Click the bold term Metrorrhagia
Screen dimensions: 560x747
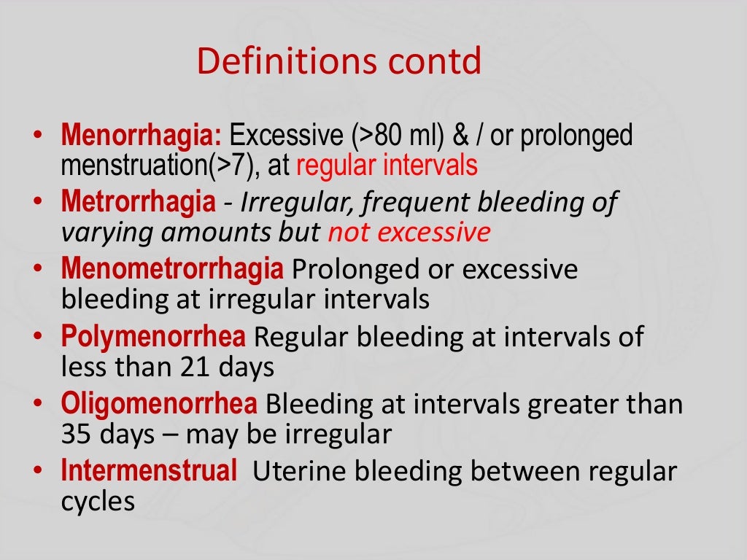tap(139, 202)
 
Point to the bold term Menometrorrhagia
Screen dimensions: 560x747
tap(172, 269)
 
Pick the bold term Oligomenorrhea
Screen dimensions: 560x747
tap(159, 404)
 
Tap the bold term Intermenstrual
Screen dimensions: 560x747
tap(150, 471)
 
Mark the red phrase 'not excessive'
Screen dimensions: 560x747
tap(409, 233)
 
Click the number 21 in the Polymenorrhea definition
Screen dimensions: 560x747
tap(193, 367)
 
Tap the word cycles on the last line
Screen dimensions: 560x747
tap(98, 502)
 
